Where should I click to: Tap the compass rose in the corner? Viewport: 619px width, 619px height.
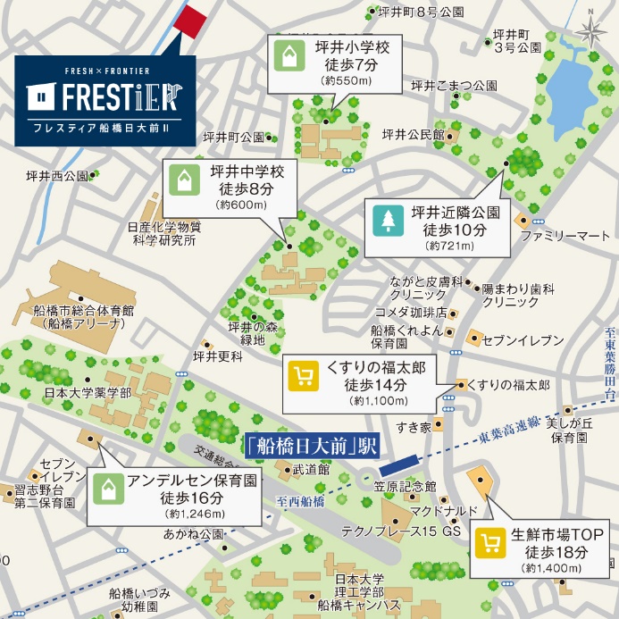(x=590, y=32)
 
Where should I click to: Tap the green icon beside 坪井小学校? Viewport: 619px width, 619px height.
(x=289, y=55)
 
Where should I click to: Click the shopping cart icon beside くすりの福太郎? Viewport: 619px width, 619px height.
(x=304, y=376)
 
